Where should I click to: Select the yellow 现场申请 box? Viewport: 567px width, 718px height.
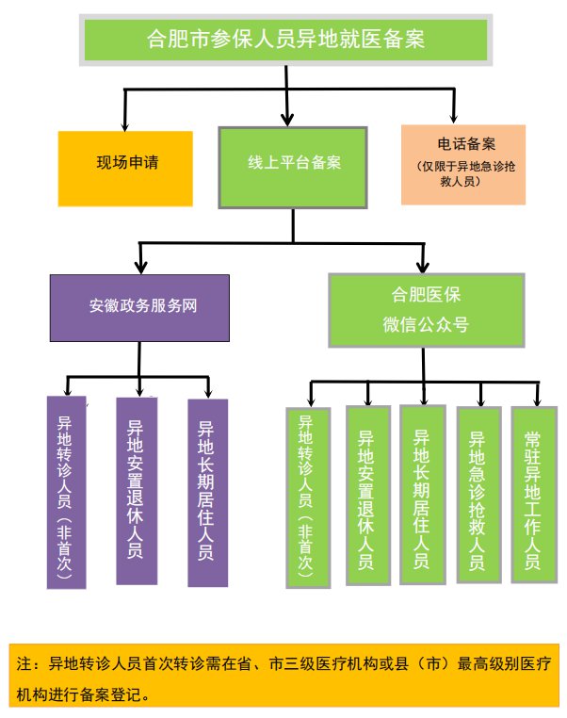(x=125, y=162)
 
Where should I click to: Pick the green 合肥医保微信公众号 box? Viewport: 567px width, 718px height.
(x=425, y=309)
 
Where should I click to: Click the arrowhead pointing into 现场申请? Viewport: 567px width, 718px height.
(x=125, y=123)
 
